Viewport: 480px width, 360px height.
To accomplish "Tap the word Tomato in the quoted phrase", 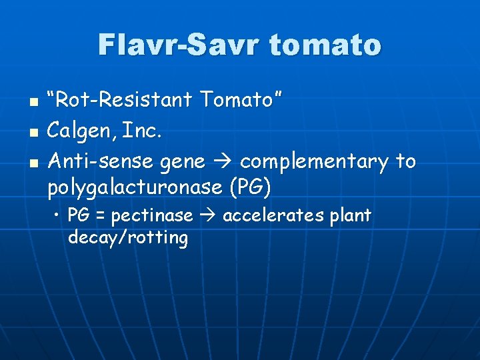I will click(239, 102).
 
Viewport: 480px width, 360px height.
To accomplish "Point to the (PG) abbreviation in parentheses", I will click(250, 189).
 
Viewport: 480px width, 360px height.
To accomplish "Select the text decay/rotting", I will click(128, 237).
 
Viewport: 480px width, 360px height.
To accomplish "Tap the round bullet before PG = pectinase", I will click(59, 216).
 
